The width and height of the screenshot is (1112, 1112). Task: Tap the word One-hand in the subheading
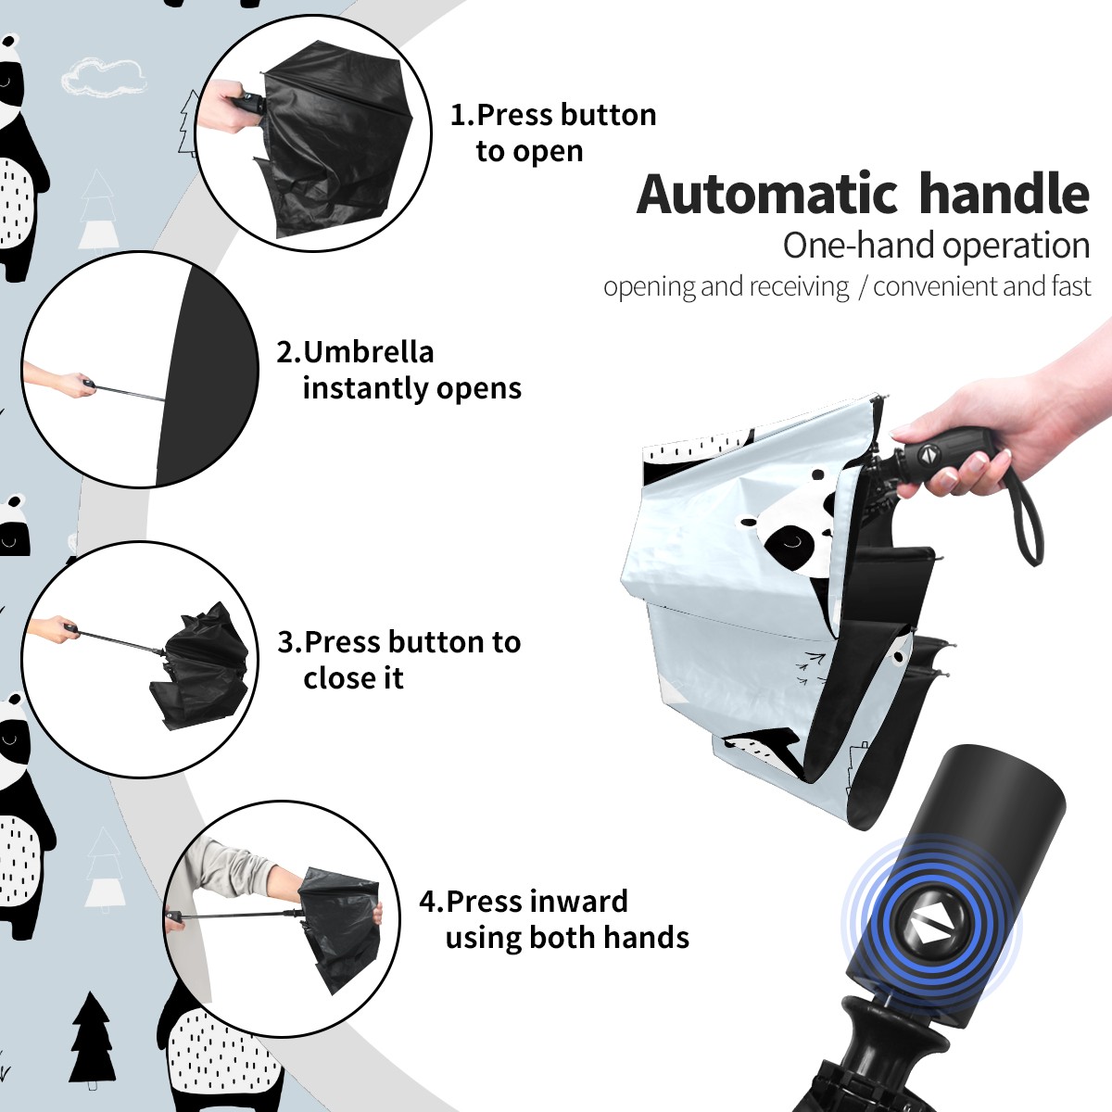[x=859, y=246]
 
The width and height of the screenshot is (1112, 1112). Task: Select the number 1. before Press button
[x=462, y=115]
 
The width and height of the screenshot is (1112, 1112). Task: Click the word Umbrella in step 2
[x=368, y=352]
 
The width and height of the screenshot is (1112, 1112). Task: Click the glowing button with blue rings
[x=930, y=930]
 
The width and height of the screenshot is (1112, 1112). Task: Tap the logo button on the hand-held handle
[x=928, y=455]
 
